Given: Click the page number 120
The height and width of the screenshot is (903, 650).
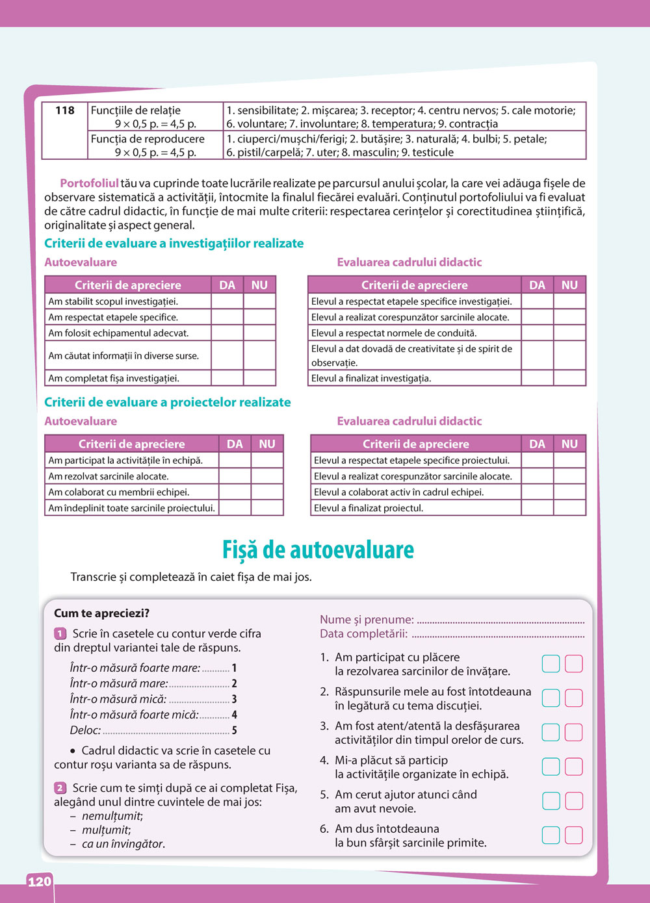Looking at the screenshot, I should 39,882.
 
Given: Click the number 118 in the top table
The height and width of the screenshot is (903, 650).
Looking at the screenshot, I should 65,110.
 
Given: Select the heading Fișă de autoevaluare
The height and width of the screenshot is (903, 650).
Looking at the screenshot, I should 318,550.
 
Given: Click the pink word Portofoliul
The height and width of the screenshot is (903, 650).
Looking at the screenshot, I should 90,183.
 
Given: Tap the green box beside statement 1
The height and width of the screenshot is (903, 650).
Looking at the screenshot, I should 551,664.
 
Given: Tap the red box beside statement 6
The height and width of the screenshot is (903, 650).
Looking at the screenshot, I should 574,835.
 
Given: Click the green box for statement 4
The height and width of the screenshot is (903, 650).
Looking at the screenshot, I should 551,767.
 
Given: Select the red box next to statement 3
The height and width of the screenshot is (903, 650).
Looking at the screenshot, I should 574,732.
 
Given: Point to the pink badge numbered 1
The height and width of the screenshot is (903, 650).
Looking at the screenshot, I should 60,633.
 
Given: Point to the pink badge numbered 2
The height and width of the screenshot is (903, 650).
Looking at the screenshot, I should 60,788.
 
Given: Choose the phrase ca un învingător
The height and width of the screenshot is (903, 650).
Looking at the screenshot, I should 123,844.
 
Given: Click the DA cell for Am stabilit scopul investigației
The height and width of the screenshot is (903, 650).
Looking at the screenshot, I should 227,301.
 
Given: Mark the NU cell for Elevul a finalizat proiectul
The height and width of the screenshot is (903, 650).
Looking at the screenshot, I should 569,508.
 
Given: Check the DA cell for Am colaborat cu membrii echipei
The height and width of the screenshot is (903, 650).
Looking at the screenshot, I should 235,492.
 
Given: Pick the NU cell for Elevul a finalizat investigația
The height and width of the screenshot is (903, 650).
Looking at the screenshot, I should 569,378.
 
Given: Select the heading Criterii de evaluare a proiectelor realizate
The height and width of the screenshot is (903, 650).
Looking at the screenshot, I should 168,402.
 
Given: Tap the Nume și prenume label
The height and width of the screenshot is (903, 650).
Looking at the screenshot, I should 367,620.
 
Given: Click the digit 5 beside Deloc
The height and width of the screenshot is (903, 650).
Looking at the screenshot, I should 235,730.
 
